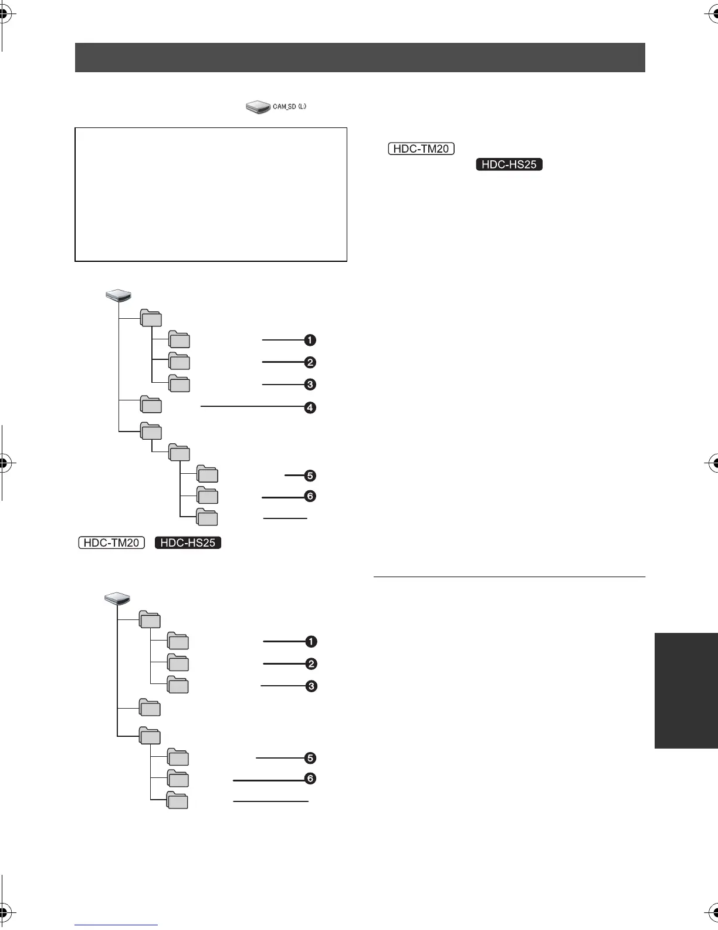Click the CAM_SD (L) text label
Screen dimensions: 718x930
289,107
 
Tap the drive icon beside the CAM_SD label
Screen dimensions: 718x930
258,107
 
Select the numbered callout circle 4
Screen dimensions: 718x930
310,407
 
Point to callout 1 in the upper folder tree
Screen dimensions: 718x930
310,340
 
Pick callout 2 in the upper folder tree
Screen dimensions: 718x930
310,362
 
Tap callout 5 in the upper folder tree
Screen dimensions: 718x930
310,476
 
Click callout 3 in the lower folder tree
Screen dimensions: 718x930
311,686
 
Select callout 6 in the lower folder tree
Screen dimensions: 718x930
310,779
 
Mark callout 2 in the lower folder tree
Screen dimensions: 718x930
311,664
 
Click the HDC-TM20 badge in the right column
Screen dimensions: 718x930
421,149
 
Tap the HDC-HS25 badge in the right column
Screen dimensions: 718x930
509,164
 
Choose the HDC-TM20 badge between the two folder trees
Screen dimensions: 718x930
111,542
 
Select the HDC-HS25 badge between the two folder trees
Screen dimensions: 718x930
188,542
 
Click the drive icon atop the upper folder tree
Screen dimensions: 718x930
118,295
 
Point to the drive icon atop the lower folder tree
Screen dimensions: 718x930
117,598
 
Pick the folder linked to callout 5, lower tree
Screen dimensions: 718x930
178,757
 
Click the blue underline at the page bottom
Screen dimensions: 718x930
116,925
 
